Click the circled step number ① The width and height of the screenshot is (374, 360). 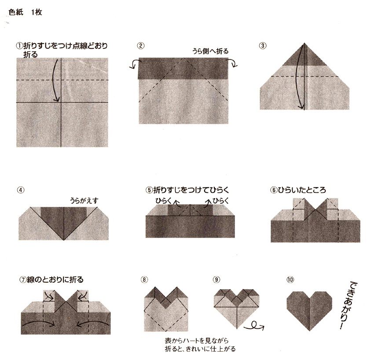coord(19,46)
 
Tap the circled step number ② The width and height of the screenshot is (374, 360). coord(141,46)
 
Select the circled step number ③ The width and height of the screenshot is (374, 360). coord(263,46)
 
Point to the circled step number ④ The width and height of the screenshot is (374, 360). coord(21,190)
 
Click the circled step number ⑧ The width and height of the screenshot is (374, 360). coord(144,279)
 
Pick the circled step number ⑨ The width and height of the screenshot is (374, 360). coord(216,279)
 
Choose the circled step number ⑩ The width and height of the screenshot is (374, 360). coord(290,279)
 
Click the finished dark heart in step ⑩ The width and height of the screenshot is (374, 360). coord(309,310)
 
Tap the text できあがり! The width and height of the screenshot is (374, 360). coord(349,306)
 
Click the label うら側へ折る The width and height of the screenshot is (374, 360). coord(210,51)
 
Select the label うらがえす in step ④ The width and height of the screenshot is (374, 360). coord(84,201)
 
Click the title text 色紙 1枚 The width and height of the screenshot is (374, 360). coord(25,12)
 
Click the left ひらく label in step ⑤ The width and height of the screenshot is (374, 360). coord(164,201)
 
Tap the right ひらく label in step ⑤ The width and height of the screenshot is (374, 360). coord(220,201)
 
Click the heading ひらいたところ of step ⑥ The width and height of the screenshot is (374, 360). coord(302,190)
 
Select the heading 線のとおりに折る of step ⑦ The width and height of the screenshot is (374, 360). coord(55,279)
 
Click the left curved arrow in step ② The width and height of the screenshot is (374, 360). coord(134,64)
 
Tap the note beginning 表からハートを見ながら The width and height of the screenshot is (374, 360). coord(200,345)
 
